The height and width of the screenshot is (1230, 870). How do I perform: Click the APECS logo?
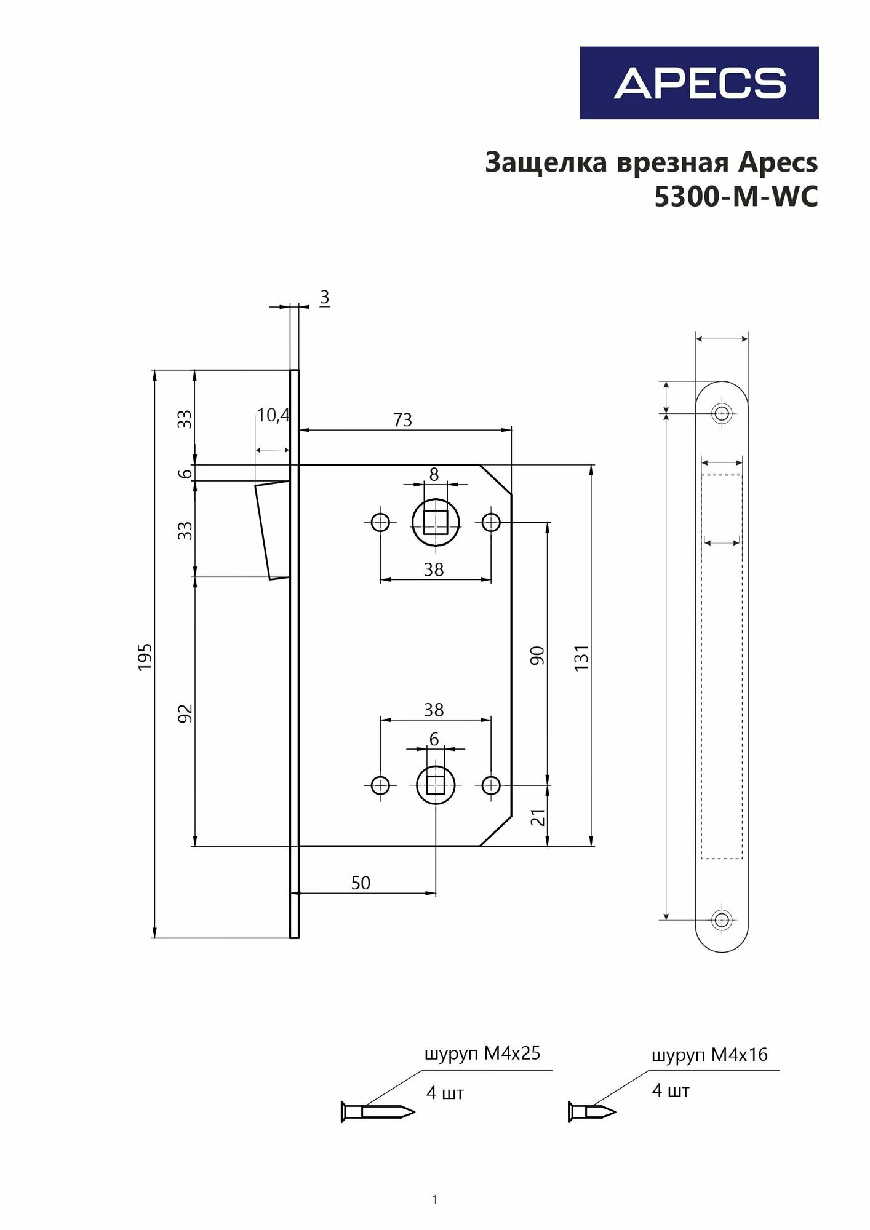coord(699,83)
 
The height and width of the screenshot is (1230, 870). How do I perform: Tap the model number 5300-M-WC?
coord(736,197)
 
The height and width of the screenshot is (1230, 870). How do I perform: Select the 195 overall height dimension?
coord(145,657)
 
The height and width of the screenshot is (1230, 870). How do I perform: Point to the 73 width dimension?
coord(402,420)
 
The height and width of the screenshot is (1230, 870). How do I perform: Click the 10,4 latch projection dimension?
coord(273,416)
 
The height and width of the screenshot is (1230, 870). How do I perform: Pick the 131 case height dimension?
coord(581,657)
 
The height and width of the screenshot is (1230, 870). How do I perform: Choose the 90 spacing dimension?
coord(537,656)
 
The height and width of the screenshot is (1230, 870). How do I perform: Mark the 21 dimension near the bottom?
coord(538,817)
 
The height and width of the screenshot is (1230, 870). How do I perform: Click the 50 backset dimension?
coord(361,883)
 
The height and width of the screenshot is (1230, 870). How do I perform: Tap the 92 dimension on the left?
coord(185,713)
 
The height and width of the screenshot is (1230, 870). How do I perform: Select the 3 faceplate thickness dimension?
coord(324,298)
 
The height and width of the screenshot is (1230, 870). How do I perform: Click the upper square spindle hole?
coord(436,523)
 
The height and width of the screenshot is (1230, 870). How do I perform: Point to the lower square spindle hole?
coord(436,785)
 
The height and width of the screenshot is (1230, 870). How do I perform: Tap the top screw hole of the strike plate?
coord(722,413)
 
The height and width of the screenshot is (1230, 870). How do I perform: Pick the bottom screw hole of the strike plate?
coord(722,921)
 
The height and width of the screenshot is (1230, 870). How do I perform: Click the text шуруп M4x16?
coord(709,1055)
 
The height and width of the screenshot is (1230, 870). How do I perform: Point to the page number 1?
coord(435,1199)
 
